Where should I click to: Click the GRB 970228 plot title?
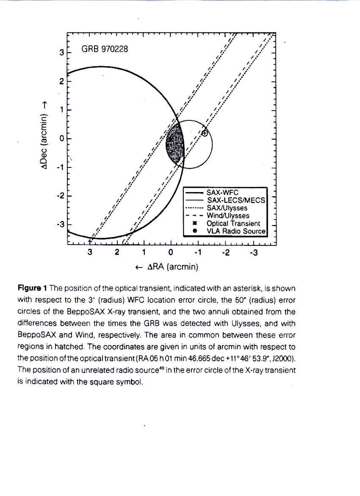(104, 49)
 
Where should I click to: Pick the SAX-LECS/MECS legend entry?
(235, 200)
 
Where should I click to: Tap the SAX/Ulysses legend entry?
(227, 208)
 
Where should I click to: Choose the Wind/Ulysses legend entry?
(228, 216)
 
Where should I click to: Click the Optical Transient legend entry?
(233, 223)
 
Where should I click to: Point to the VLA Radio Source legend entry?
(235, 231)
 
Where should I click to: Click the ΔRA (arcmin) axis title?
(166, 267)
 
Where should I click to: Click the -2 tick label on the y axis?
(60, 196)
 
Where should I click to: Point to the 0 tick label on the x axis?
(171, 254)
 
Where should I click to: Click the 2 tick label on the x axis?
(117, 254)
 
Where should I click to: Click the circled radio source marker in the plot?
(205, 133)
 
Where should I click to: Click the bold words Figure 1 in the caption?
(32, 289)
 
